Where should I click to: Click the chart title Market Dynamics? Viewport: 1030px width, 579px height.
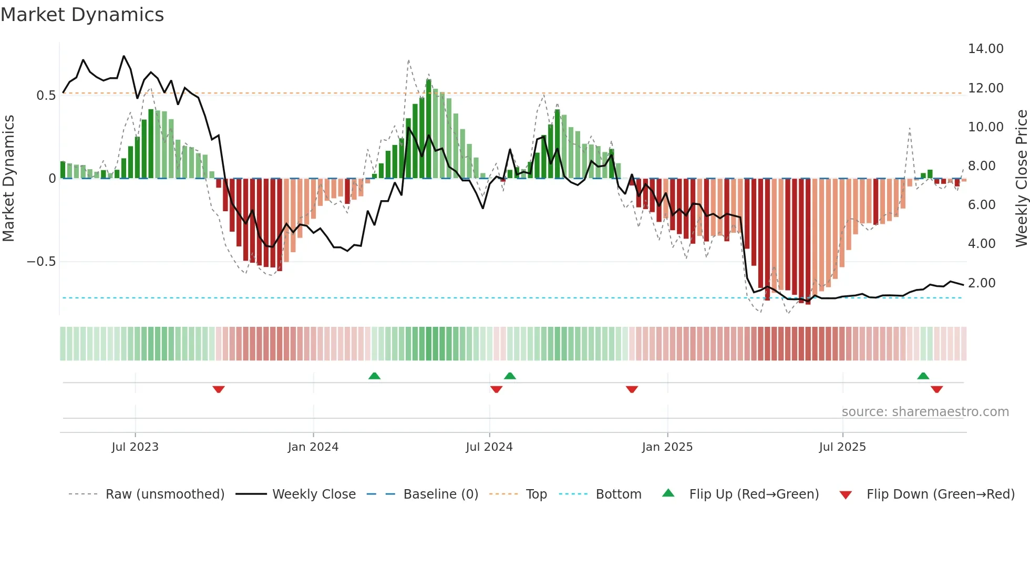[x=83, y=15]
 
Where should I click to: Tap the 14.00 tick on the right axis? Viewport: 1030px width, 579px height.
[x=985, y=49]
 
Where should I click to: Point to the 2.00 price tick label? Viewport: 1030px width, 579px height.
[x=982, y=283]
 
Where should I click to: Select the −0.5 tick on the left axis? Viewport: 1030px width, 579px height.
[x=41, y=262]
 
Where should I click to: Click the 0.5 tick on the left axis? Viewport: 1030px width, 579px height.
[x=46, y=96]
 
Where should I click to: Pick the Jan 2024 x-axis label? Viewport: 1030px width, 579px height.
[x=313, y=447]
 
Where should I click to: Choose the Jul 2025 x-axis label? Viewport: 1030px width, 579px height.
[x=842, y=447]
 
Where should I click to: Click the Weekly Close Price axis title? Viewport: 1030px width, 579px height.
[x=1021, y=179]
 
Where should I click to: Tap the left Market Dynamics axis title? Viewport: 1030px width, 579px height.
[x=8, y=179]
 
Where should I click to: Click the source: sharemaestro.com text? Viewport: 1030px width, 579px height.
[x=925, y=412]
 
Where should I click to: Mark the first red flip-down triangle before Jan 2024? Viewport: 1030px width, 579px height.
[x=219, y=389]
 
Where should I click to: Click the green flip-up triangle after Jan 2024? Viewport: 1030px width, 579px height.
[x=374, y=376]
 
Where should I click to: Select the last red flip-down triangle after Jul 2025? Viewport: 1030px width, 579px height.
[x=936, y=389]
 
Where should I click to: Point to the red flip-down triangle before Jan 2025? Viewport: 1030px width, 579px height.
[x=632, y=389]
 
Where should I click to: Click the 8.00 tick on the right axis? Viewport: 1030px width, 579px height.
[x=982, y=166]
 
